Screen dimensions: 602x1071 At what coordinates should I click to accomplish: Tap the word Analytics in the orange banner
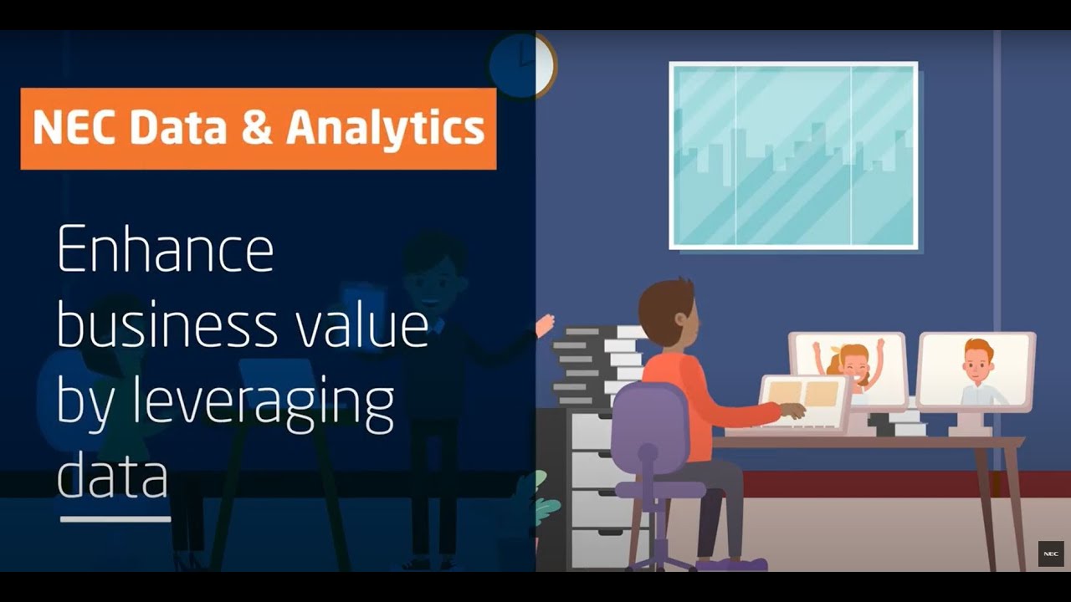tap(386, 128)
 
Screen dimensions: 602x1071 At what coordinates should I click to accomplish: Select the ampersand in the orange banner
tap(256, 128)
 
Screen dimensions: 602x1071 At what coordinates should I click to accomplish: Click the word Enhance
tap(165, 250)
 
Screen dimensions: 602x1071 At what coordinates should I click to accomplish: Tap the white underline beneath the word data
tap(115, 519)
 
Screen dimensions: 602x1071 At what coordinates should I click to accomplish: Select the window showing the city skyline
tap(793, 156)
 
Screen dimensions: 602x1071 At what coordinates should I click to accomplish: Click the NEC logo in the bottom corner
tap(1050, 554)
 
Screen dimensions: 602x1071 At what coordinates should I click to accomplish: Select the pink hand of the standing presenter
tap(545, 324)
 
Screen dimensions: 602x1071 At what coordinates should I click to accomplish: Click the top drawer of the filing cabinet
tap(592, 431)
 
